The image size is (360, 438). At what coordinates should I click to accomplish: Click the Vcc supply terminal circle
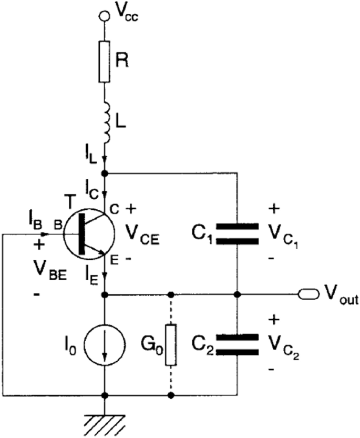105,16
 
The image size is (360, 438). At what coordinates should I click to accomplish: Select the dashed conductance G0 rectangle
170,344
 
